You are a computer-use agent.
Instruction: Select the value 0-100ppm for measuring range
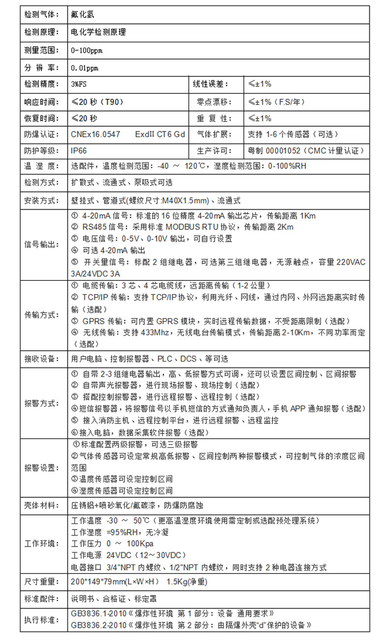click(87, 50)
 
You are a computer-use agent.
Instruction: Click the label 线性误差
click(210, 84)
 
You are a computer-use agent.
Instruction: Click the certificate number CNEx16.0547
click(96, 134)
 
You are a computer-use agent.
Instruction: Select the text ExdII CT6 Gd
click(160, 134)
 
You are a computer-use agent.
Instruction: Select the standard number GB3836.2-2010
click(98, 625)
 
